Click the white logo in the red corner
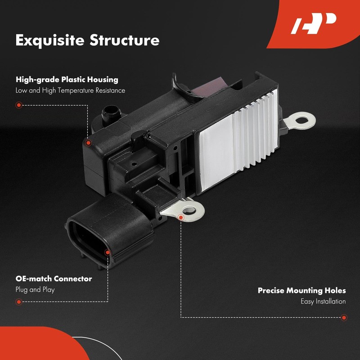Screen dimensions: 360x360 pos(313,24)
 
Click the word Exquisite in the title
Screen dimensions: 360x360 pos(50,40)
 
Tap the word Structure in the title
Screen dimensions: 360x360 pos(125,40)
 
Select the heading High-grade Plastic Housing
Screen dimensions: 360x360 pos(67,80)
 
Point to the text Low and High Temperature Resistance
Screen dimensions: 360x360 pos(70,90)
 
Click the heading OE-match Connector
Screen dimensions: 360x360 pos(54,279)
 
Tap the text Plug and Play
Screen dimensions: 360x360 pos(35,290)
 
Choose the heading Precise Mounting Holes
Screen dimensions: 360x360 pos(301,290)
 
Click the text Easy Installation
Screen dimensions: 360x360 pos(323,301)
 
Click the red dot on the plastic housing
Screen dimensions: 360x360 pos(88,143)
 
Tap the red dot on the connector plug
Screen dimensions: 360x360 pos(108,252)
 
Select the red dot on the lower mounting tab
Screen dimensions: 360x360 pos(181,217)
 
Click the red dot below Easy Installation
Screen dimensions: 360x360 pos(344,318)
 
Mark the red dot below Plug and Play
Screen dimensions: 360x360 pos(19,302)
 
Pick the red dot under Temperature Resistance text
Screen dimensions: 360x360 pos(19,105)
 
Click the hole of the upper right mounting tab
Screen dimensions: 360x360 pos(301,120)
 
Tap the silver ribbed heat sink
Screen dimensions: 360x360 pos(239,140)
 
